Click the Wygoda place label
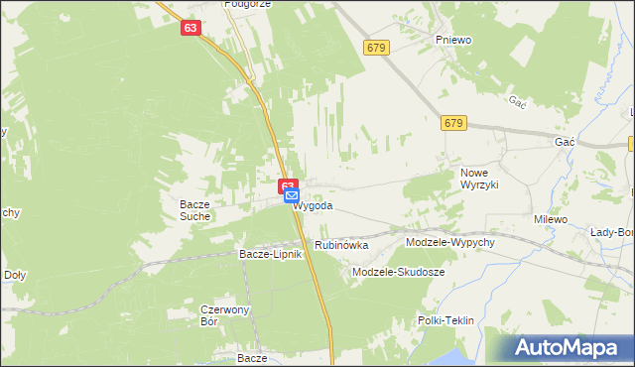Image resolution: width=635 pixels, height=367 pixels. [x=314, y=206]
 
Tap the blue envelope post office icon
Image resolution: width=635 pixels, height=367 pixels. [x=292, y=196]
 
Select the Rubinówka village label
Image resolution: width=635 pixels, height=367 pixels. [x=341, y=244]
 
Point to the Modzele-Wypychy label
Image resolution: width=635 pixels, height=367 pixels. [x=444, y=242]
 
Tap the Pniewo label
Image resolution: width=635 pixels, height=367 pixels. [x=452, y=40]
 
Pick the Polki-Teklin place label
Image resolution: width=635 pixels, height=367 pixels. [x=445, y=320]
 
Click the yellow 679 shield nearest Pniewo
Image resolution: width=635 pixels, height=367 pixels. [x=375, y=47]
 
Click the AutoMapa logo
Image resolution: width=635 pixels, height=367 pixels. [x=568, y=348]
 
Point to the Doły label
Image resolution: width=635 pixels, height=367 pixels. [x=15, y=275]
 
